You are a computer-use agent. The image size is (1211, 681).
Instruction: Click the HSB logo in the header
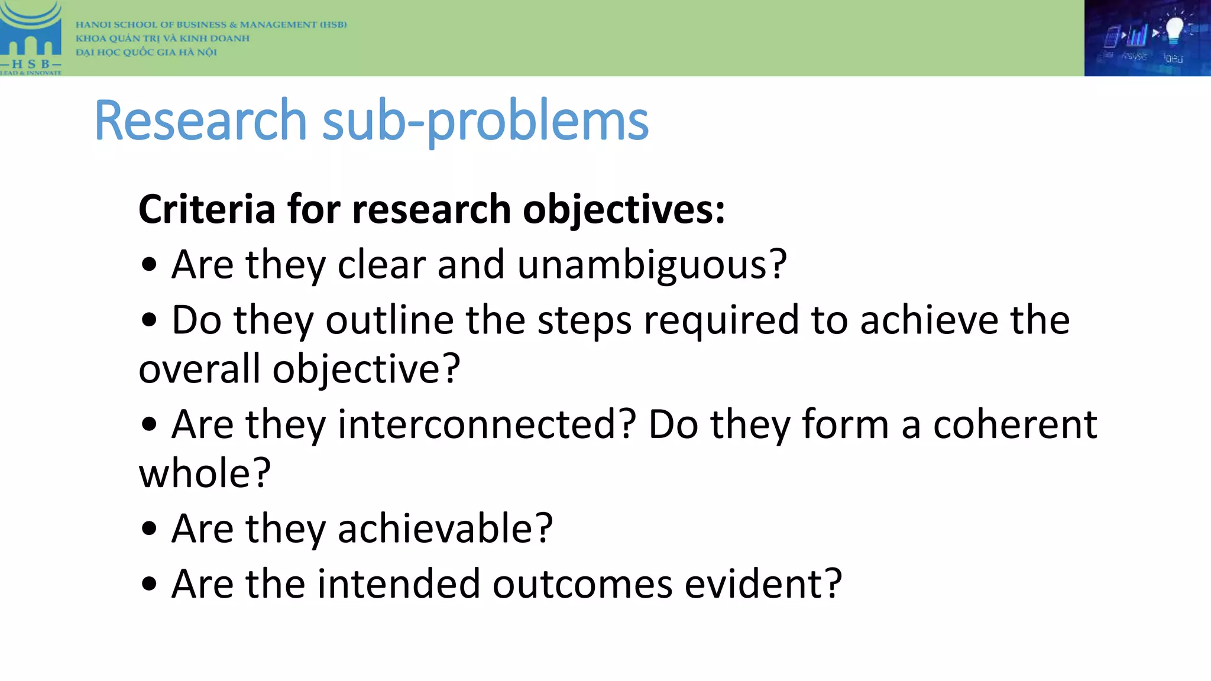tap(31, 38)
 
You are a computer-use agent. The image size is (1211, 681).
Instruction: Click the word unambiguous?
tap(652, 265)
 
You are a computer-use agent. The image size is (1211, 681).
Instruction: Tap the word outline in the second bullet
tap(390, 320)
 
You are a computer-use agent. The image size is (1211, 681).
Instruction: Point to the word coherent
tap(1015, 424)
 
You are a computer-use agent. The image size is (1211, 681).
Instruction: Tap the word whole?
tap(205, 474)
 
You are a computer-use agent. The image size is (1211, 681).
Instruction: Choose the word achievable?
tap(445, 528)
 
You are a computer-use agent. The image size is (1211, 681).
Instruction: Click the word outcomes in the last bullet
tap(582, 584)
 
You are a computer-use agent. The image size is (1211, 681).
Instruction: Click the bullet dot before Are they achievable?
tap(150, 528)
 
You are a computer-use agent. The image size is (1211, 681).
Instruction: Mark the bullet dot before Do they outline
tap(150, 320)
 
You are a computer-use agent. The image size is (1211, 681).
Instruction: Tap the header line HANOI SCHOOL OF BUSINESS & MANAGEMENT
tap(211, 24)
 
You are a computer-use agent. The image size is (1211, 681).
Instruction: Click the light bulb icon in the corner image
tap(1173, 30)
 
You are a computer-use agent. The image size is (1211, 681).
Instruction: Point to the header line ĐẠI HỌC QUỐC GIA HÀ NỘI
tap(146, 52)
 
